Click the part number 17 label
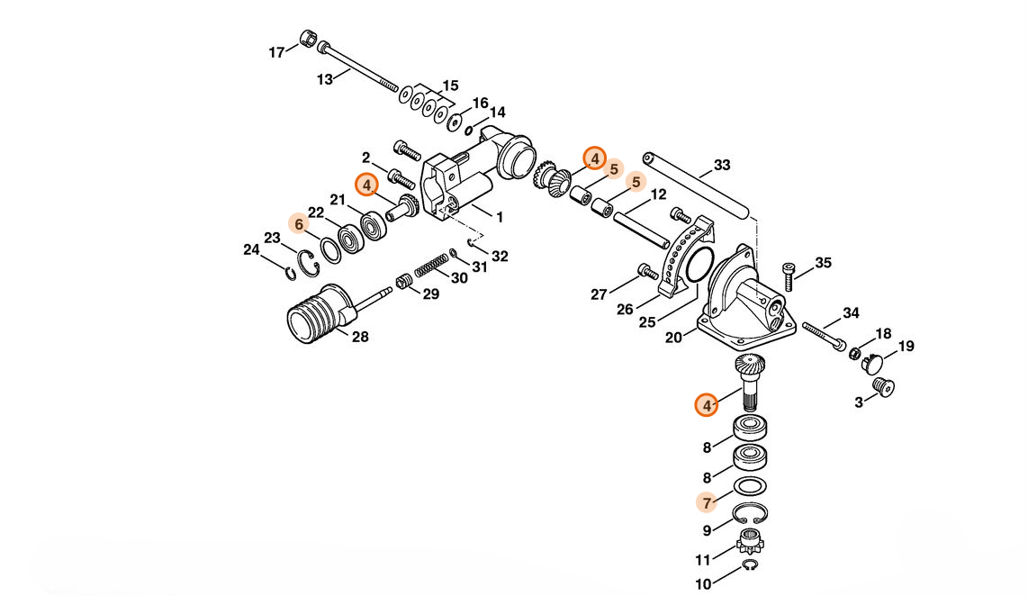click(276, 52)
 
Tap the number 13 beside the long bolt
click(325, 80)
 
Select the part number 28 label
click(360, 337)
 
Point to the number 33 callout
click(722, 166)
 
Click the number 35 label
click(823, 263)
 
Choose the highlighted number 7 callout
click(707, 503)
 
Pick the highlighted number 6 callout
click(299, 224)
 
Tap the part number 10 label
click(703, 583)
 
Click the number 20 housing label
click(673, 338)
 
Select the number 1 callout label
click(500, 217)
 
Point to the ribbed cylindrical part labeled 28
click(321, 313)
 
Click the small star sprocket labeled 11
click(749, 544)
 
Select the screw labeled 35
click(789, 276)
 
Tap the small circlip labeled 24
click(290, 272)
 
